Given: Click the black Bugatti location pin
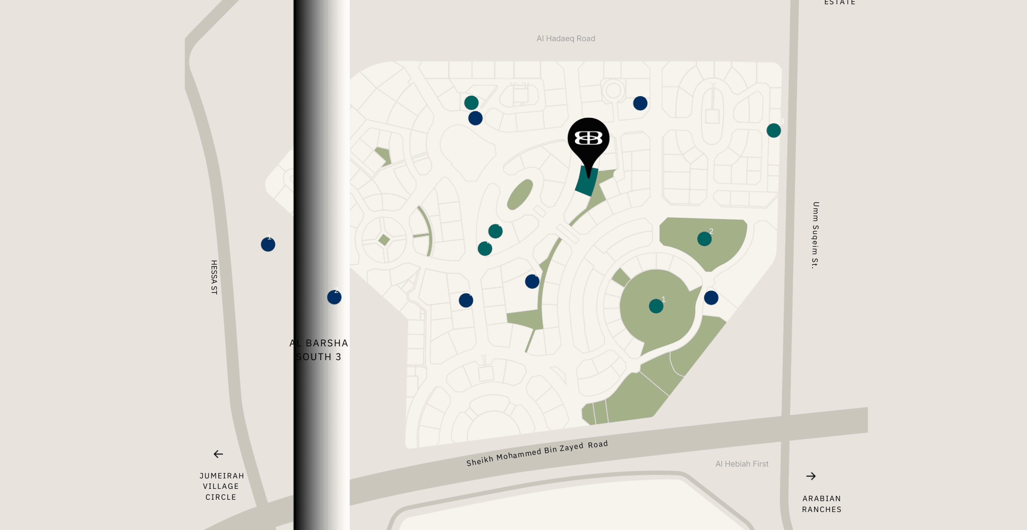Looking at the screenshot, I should pos(588,140).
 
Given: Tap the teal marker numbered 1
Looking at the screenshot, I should pos(656,306).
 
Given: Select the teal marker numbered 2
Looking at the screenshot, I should pos(704,239).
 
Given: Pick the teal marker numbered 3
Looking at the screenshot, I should pos(774,130).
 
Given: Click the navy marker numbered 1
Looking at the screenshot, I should pos(268,244).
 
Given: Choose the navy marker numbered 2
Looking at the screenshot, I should pos(334,297).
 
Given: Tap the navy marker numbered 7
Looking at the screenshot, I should pos(466,300).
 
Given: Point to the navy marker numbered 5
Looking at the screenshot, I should pos(640,103).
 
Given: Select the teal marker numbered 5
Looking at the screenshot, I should pos(496,231).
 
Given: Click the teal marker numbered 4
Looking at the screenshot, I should pos(485,248).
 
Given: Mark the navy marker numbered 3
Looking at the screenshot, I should pos(532,282).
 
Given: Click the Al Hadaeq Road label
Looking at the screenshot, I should pos(566,38).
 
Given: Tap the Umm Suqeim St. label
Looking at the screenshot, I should pos(815,235).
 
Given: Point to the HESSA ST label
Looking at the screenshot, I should pos(214,277).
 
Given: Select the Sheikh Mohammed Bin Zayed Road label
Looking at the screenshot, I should pos(537,453).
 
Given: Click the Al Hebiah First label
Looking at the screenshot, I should pos(742,464).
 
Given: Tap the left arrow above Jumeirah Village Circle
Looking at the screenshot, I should pos(218,454).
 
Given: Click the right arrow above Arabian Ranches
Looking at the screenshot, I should pos(811,476).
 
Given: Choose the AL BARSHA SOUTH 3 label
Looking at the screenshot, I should pos(319,350).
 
